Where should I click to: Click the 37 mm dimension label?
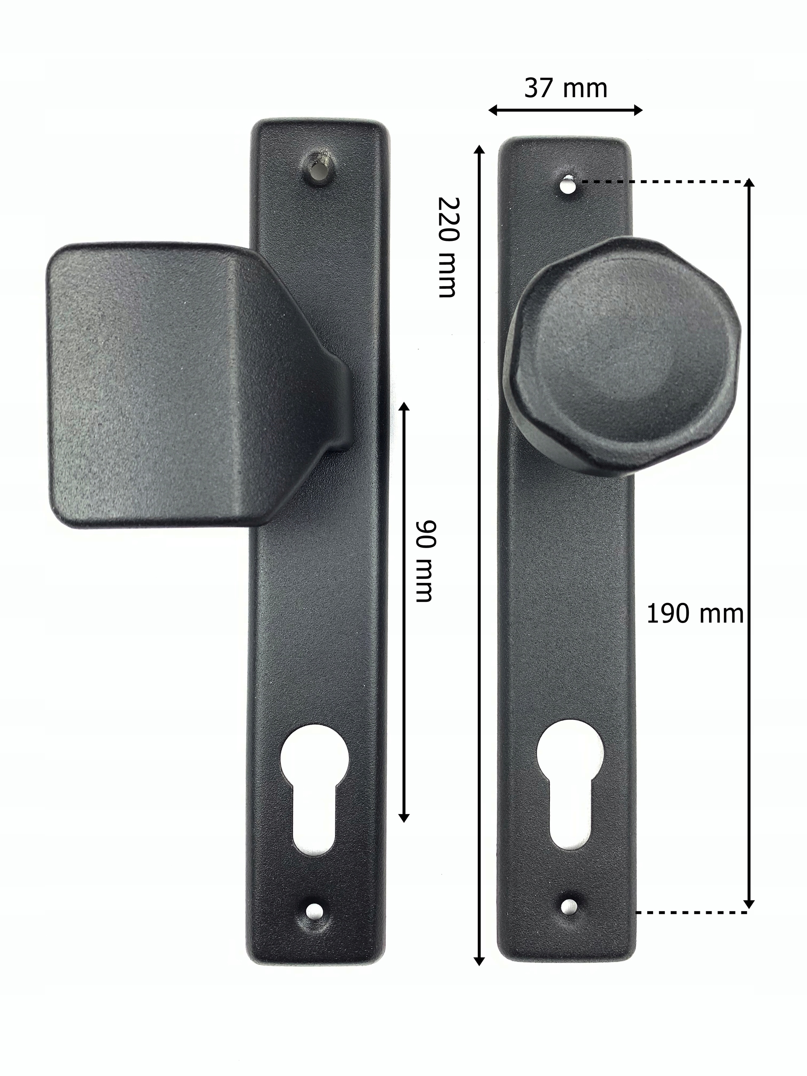pos(566,89)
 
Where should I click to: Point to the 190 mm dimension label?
pos(695,614)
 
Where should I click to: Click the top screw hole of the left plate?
pos(319,170)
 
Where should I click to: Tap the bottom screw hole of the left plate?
pos(316,909)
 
